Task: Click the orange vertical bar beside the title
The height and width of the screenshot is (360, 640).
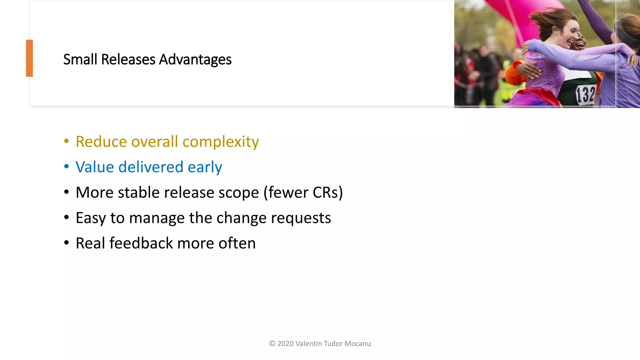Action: click(x=29, y=58)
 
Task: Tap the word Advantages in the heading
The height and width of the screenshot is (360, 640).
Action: click(x=195, y=59)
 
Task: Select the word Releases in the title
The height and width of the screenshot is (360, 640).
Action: click(x=128, y=59)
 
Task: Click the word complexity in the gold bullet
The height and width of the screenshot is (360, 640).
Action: click(x=221, y=142)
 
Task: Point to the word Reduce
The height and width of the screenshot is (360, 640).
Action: click(x=101, y=142)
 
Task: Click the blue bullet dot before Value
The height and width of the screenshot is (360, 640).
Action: click(x=66, y=166)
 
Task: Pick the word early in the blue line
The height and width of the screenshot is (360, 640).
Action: click(x=205, y=167)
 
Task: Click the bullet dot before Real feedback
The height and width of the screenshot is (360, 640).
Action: click(x=66, y=243)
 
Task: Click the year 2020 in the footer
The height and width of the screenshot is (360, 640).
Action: click(x=285, y=344)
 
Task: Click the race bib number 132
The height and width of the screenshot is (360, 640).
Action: click(x=585, y=95)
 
